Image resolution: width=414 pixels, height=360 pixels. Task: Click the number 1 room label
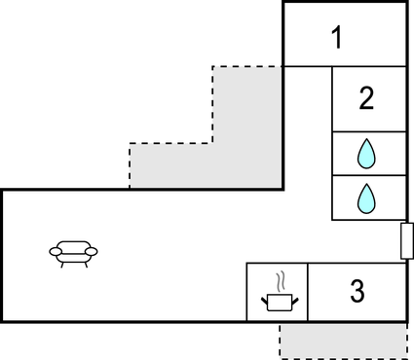(337, 40)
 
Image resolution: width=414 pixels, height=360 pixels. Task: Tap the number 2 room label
(366, 98)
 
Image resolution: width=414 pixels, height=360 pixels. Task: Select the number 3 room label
(357, 291)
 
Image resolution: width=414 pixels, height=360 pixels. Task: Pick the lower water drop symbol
(366, 198)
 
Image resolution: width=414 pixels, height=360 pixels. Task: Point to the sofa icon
(74, 253)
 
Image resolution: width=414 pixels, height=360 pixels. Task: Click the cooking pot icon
(278, 301)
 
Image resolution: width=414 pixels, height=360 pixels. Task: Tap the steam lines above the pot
(281, 282)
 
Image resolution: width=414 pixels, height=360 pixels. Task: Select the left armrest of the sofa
(55, 252)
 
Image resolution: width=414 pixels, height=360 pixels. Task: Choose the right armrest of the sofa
(93, 252)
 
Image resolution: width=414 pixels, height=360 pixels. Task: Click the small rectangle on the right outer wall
(407, 240)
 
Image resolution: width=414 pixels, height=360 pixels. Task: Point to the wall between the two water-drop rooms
(369, 175)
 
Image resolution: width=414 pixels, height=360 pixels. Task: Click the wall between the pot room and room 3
(308, 292)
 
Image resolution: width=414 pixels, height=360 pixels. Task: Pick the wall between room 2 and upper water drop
(369, 131)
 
